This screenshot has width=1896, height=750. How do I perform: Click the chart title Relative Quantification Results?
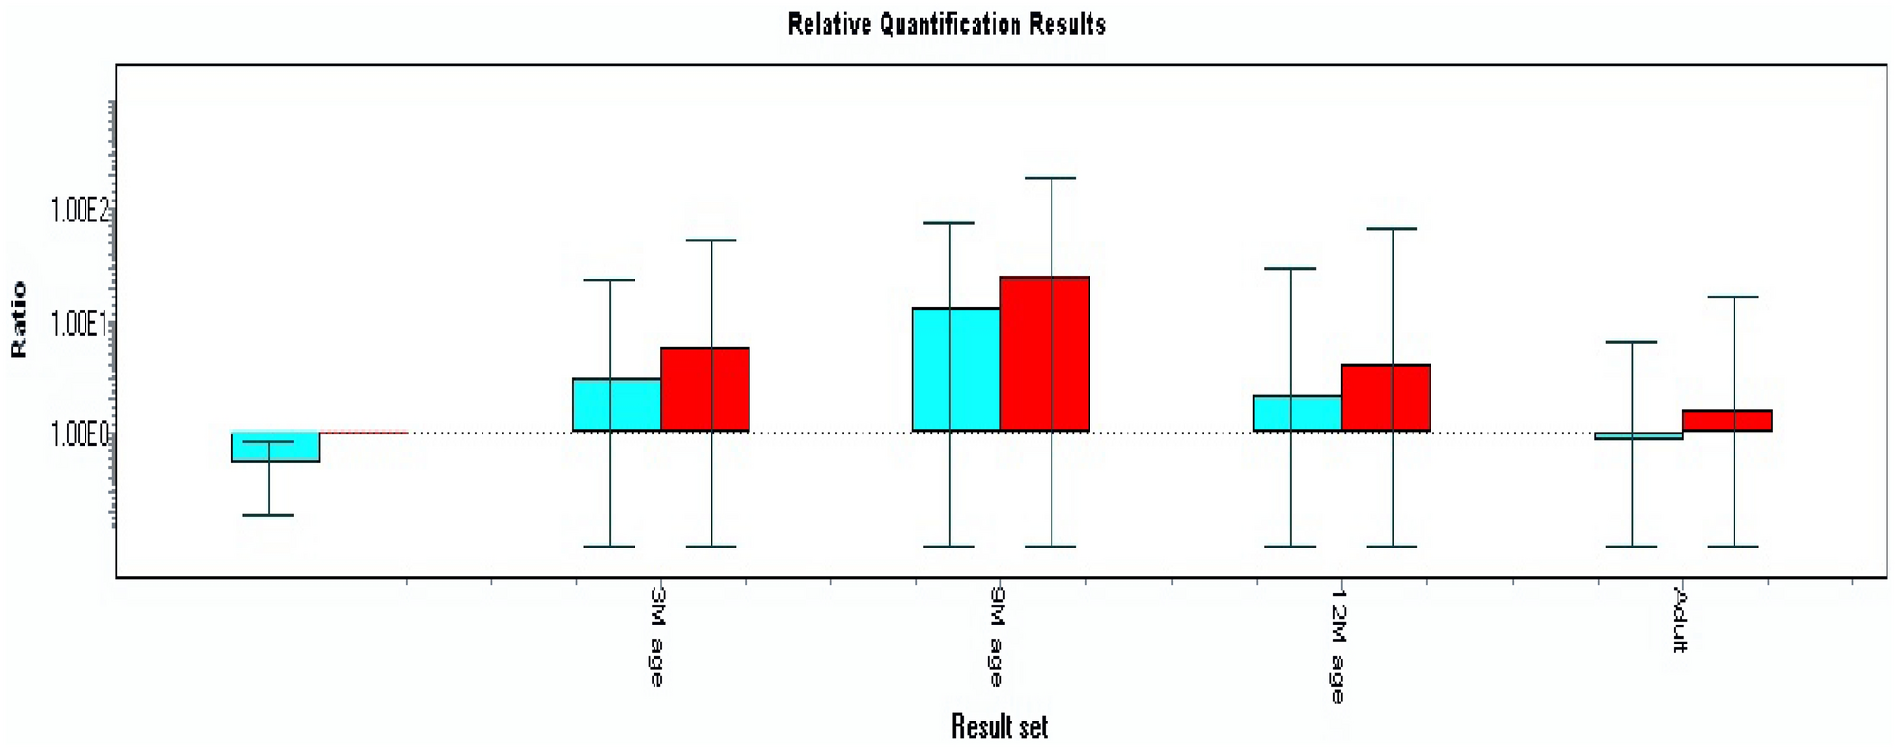(946, 24)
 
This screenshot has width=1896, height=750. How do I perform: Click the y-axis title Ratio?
(19, 319)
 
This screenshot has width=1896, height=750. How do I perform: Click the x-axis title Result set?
(998, 727)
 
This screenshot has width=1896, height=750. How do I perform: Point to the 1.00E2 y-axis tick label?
(80, 210)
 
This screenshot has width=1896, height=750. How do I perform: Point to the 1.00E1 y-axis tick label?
(80, 323)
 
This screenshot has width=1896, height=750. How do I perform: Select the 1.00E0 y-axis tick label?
(80, 434)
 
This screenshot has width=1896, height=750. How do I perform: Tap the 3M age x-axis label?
(656, 636)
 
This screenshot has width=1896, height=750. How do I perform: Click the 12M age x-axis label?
(1337, 645)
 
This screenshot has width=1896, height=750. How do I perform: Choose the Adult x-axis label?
(1679, 620)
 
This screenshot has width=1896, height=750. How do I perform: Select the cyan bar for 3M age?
(616, 405)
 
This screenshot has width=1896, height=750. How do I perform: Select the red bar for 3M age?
(705, 390)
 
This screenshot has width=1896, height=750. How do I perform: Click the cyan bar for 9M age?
(957, 370)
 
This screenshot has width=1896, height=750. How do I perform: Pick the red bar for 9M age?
(1045, 354)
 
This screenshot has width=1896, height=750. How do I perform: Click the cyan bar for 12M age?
(1298, 413)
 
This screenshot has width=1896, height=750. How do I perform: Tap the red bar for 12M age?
(1386, 397)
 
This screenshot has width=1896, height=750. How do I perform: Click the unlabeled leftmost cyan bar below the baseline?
(275, 447)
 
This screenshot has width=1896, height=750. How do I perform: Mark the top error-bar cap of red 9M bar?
(1051, 178)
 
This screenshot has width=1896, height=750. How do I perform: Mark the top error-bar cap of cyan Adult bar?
(1632, 342)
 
